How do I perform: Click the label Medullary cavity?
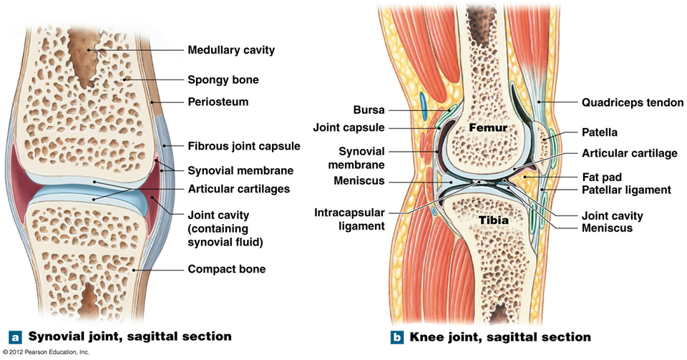click(x=230, y=50)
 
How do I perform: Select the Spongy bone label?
click(x=223, y=79)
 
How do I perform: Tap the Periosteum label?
click(x=218, y=102)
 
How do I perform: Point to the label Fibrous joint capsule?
click(x=243, y=146)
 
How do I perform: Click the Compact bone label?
click(x=226, y=269)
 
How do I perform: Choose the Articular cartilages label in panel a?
click(x=238, y=189)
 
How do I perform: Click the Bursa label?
click(x=369, y=110)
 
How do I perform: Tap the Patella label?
click(x=600, y=132)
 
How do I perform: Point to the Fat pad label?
click(x=602, y=176)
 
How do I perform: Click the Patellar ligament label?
click(x=626, y=190)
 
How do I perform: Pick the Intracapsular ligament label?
click(x=349, y=219)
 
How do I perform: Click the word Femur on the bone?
click(x=488, y=127)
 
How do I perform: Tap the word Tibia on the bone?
click(x=494, y=220)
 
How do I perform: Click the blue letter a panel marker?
click(x=14, y=336)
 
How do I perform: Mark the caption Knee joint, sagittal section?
click(x=498, y=336)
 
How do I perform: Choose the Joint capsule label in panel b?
click(x=349, y=128)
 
